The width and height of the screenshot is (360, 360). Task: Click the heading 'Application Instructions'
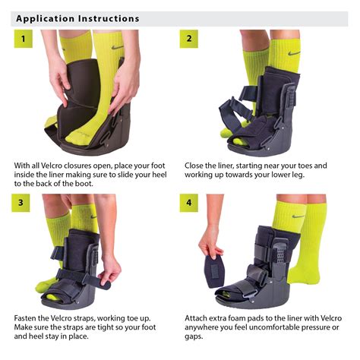click(77, 17)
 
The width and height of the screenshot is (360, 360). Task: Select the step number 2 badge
click(189, 39)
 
